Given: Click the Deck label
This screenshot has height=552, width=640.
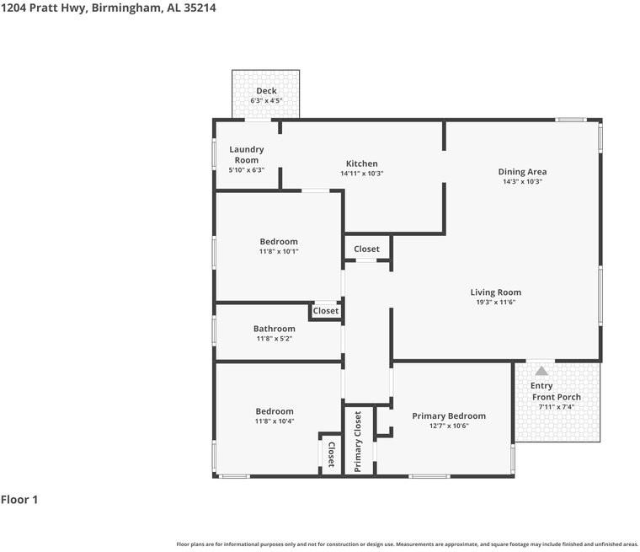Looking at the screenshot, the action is coord(266,91).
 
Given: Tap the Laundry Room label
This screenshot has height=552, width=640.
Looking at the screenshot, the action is coord(247,155).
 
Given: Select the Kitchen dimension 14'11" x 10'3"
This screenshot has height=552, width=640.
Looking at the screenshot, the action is coord(361,174).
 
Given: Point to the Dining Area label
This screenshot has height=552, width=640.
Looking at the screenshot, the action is coord(522,172).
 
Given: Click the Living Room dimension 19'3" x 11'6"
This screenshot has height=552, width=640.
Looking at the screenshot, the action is coord(496,302).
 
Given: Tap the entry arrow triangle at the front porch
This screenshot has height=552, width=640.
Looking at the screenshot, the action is coord(541,371).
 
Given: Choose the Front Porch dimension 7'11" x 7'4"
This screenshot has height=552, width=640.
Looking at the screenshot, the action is coord(557,406).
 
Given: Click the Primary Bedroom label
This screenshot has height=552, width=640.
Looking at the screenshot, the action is coord(449,416).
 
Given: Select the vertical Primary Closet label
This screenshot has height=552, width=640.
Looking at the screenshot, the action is coord(358,442).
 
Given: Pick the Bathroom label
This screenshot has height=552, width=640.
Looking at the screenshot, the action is coord(275,329).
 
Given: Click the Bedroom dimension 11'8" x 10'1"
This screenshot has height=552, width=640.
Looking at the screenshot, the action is coord(279,251).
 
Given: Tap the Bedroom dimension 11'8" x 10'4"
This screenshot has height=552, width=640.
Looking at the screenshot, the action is coord(275,421).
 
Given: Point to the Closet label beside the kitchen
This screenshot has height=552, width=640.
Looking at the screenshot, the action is coord(366,249).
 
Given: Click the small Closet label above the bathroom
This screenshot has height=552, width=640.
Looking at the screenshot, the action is coord(326,311).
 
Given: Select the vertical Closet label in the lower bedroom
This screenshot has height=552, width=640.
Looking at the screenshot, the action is coord(332,454).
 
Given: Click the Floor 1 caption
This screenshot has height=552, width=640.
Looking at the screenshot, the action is coord(19,499).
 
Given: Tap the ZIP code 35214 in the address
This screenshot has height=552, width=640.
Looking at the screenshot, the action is coord(200,8).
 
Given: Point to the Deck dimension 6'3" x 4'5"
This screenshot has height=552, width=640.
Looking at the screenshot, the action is coord(266,100).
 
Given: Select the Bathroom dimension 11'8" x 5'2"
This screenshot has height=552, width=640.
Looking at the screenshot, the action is coord(275,338).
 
